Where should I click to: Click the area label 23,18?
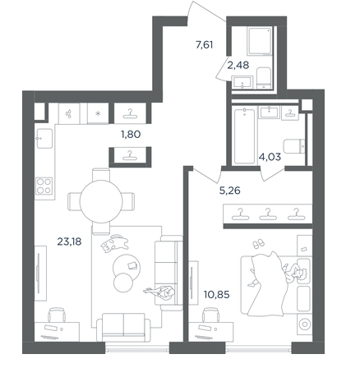[x=69, y=241]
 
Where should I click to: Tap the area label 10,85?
[x=216, y=295]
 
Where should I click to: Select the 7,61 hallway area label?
[x=205, y=44]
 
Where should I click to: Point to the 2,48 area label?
[x=238, y=65]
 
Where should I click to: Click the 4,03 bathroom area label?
[x=270, y=157]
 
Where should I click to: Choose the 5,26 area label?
[x=230, y=191]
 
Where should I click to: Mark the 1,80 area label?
[x=131, y=135]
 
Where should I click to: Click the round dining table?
[x=101, y=201]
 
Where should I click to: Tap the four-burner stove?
[x=44, y=186]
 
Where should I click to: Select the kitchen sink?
[x=44, y=139]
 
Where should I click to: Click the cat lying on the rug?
[x=114, y=243]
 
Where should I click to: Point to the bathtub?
[x=244, y=136]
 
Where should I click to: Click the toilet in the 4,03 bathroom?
[x=294, y=146]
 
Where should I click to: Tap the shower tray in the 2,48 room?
[x=260, y=40]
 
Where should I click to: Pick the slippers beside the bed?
[x=258, y=243]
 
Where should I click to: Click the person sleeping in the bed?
[x=294, y=274]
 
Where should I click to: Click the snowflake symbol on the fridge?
[x=98, y=113]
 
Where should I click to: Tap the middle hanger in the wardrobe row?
[x=268, y=214]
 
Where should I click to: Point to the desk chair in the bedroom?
[x=210, y=315]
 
